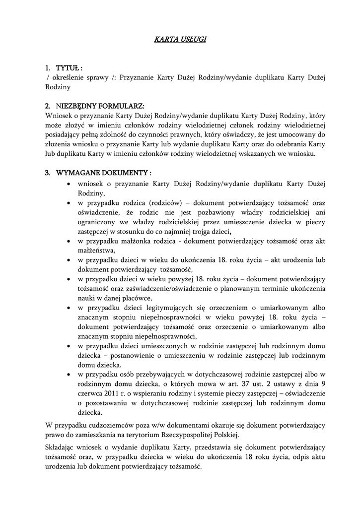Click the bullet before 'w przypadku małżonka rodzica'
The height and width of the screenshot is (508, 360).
(68, 241)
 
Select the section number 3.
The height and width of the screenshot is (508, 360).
(48, 173)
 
